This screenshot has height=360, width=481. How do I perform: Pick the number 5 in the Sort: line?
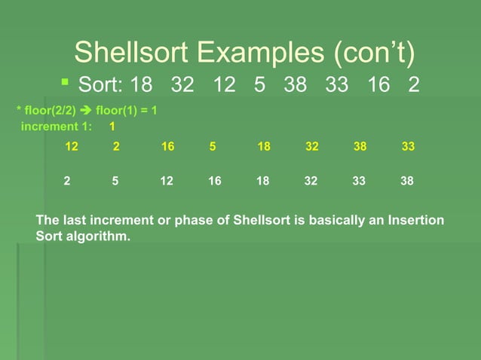(259, 84)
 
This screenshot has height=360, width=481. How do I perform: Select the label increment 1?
(56, 127)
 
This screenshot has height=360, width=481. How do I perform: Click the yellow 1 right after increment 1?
(112, 127)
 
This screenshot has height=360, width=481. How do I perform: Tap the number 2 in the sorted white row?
(67, 182)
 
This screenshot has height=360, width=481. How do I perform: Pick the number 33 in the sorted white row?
(359, 182)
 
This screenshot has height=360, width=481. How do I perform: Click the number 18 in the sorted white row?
(263, 182)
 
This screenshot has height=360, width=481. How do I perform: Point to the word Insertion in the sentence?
(415, 220)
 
